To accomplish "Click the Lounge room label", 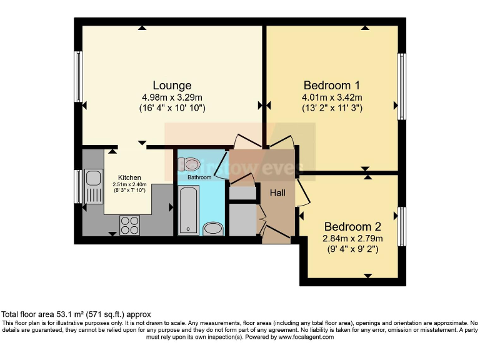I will pos(172,85).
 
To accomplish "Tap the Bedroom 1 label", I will pos(331,85).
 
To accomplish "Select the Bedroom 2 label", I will pos(352,227).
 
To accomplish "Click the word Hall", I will pos(277,192).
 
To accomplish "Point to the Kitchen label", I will pos(130,177).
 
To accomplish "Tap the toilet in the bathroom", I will pos(189,164).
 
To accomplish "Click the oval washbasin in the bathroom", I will pos(213,228).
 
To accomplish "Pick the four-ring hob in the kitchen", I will pos(129,224).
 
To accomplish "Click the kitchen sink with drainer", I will pos(94,186).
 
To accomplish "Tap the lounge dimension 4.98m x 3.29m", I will pos(172,97).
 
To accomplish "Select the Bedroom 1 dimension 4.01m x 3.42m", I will pos(331,97).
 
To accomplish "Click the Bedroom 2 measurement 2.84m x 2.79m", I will pos(352,239).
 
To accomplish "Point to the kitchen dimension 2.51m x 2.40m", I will pos(130,184).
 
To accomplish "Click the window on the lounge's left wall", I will pos(79,76).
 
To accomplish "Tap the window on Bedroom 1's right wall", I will pos(402,86).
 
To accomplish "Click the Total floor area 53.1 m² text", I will pos(76,314).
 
